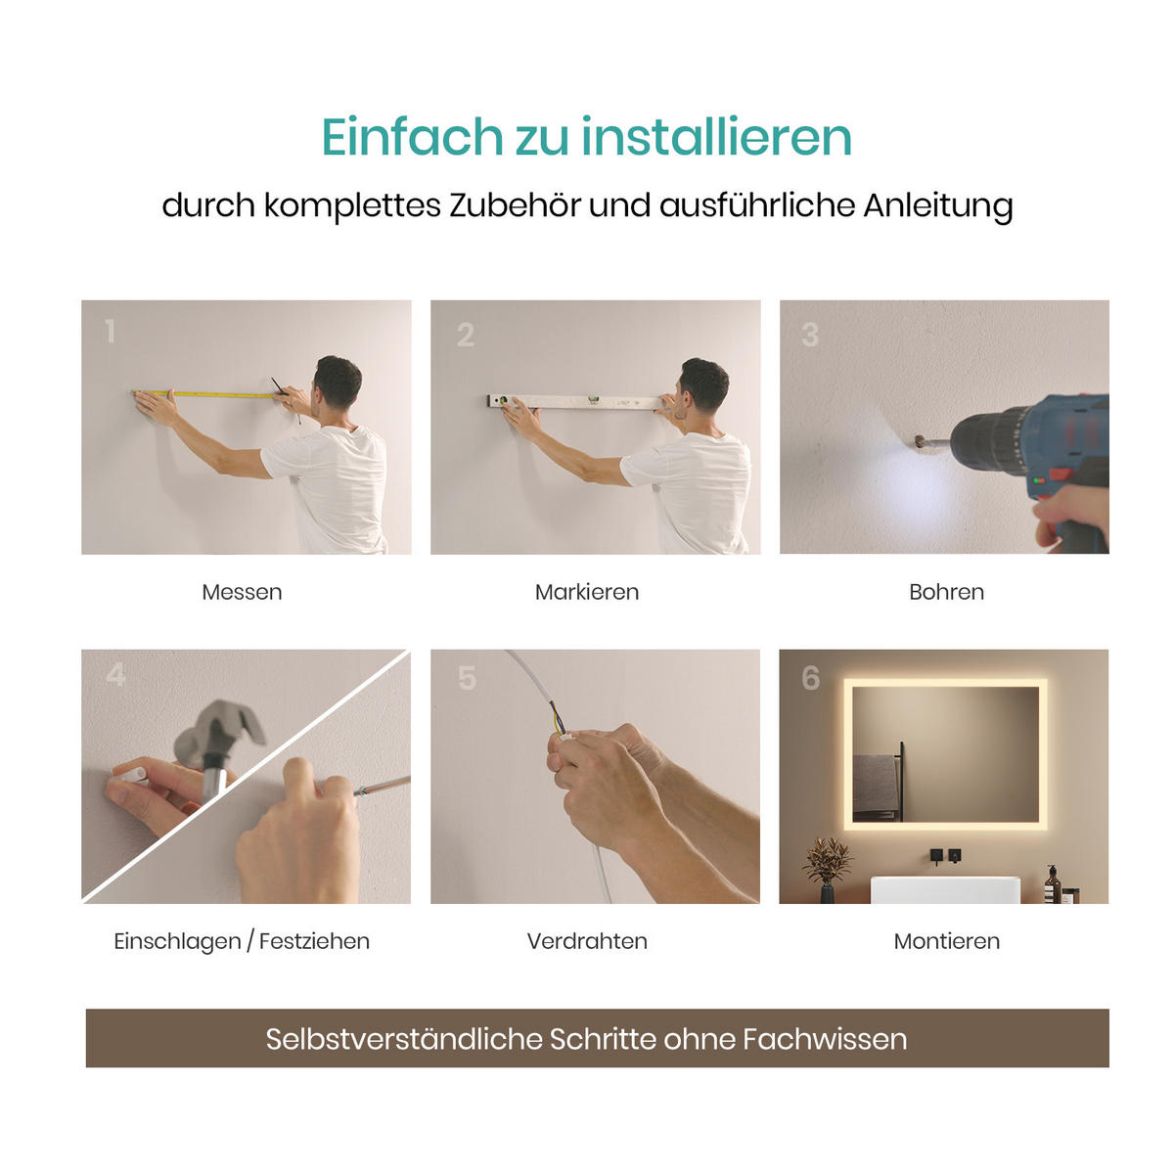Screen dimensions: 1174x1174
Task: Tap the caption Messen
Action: click(242, 592)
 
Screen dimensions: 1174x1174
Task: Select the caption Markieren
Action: click(587, 592)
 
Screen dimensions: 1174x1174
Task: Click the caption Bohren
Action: click(946, 592)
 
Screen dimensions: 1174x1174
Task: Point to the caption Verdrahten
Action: click(587, 941)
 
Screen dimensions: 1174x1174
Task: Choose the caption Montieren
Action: click(946, 941)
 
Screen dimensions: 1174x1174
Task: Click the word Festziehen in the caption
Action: click(314, 941)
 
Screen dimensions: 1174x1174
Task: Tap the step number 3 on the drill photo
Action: click(810, 335)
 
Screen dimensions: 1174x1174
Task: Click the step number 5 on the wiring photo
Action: click(467, 677)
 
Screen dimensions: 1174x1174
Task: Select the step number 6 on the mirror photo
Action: click(810, 677)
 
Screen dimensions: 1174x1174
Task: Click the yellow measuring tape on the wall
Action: click(210, 394)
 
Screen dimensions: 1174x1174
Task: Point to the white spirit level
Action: click(577, 401)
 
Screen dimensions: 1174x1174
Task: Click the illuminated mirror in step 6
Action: click(945, 753)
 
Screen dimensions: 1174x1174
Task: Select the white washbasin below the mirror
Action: click(945, 889)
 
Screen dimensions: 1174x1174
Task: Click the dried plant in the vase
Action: click(828, 861)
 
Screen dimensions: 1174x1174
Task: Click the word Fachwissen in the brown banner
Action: click(824, 1039)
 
